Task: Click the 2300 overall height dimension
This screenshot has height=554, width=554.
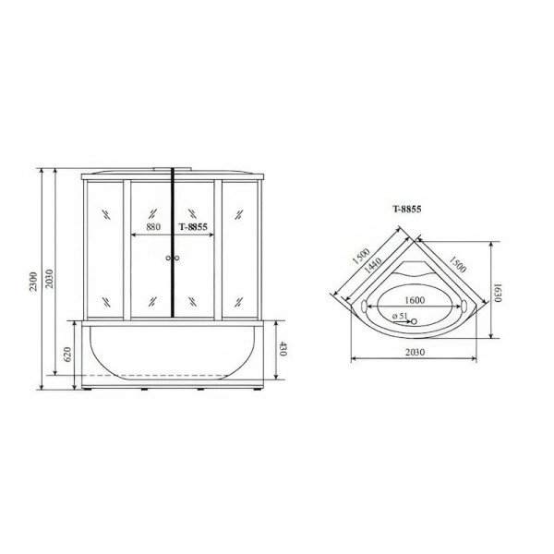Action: [33, 279]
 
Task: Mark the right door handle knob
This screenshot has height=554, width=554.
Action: [176, 259]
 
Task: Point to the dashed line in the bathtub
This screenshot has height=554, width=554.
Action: [166, 375]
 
